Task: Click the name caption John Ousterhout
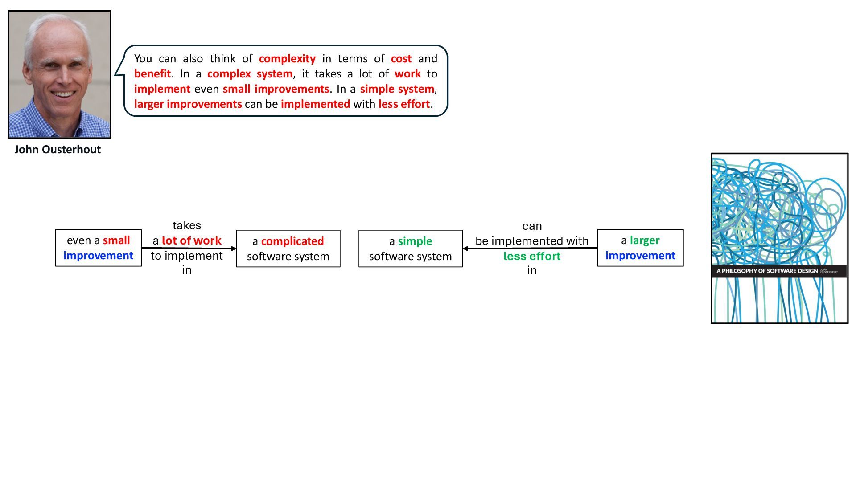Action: point(58,150)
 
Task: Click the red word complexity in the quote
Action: point(287,59)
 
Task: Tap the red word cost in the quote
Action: point(401,59)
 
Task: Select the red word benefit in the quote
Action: point(152,74)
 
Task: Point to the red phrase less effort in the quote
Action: point(404,104)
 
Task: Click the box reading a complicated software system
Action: point(288,249)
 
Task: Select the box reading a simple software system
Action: point(410,249)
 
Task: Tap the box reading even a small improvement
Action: point(98,248)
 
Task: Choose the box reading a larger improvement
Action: point(640,248)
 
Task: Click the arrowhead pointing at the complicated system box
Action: point(234,249)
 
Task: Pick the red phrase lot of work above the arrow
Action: point(191,241)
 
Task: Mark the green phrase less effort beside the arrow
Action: point(532,257)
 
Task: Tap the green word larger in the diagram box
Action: point(644,240)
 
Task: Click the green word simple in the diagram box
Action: point(415,241)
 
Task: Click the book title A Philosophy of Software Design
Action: point(767,271)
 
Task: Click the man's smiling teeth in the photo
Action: point(63,94)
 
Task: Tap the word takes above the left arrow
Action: point(186,226)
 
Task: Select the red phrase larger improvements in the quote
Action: point(188,104)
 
